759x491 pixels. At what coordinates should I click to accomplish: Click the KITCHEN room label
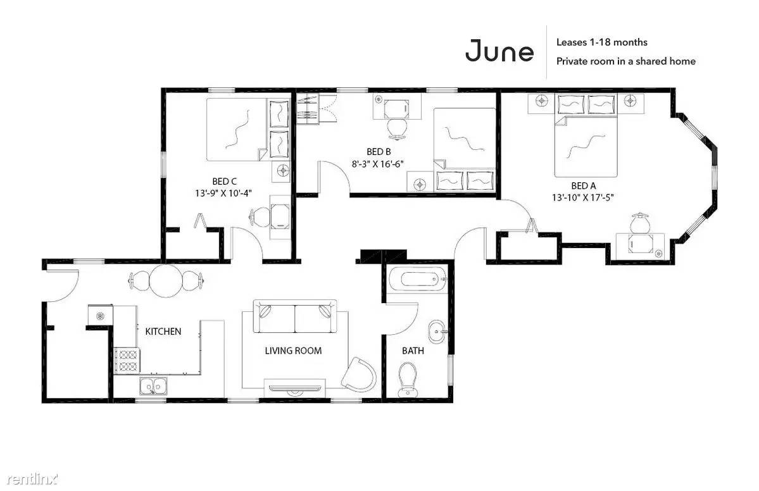point(163,332)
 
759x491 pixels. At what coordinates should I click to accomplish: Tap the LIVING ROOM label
point(293,351)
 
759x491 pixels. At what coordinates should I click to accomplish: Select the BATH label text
point(413,351)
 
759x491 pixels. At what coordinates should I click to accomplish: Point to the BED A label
point(583,185)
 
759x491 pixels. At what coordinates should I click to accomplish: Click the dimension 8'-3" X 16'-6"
point(377,164)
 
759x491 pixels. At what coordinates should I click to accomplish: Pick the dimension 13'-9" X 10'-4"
point(223,194)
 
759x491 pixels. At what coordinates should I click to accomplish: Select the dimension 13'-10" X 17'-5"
point(583,197)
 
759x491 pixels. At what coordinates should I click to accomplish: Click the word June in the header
point(499,51)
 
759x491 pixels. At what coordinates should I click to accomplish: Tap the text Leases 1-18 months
point(601,42)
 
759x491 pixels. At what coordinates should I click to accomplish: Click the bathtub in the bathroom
point(418,280)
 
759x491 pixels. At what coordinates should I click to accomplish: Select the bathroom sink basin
point(437,332)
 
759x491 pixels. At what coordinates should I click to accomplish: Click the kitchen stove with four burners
point(127,361)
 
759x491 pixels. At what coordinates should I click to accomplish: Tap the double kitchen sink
point(153,387)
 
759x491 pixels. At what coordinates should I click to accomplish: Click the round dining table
point(166,280)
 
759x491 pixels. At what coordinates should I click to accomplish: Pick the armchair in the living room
point(359,375)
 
